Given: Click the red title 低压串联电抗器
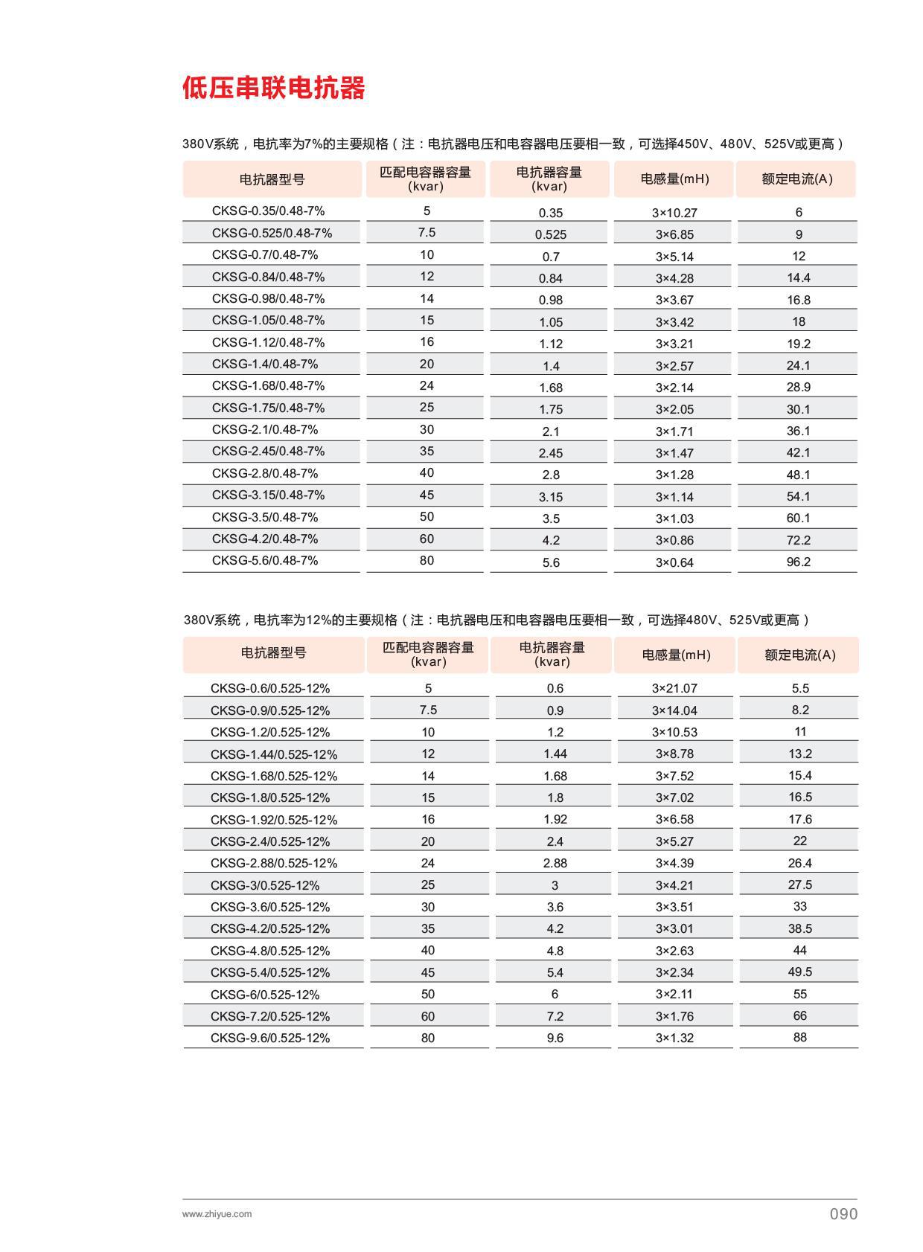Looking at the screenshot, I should click(274, 88).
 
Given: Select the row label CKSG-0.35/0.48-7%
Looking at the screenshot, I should click(268, 211).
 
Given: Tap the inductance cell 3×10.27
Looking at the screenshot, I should click(674, 213).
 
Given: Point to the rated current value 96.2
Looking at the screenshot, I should click(798, 562).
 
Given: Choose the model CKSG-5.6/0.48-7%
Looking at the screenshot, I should click(264, 560).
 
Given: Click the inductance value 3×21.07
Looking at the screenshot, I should click(674, 688).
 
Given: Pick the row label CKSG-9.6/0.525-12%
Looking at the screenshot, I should click(269, 1038).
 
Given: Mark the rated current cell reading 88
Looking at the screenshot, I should click(799, 1037).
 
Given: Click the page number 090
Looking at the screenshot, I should click(843, 1214).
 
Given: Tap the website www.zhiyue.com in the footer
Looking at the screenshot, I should click(217, 1214).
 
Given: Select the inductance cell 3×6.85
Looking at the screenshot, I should click(674, 234).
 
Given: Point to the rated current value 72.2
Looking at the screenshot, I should click(798, 540).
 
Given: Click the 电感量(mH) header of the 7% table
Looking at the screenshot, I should click(674, 179).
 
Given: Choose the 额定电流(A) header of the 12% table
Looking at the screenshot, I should click(799, 655).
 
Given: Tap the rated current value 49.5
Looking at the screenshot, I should click(799, 972).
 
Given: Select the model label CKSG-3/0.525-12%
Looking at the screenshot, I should click(264, 885).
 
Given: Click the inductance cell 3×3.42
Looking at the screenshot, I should click(674, 322).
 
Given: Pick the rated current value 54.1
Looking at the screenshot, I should click(798, 496).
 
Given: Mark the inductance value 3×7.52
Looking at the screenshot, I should click(674, 776).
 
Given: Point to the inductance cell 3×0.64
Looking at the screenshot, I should click(674, 562).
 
